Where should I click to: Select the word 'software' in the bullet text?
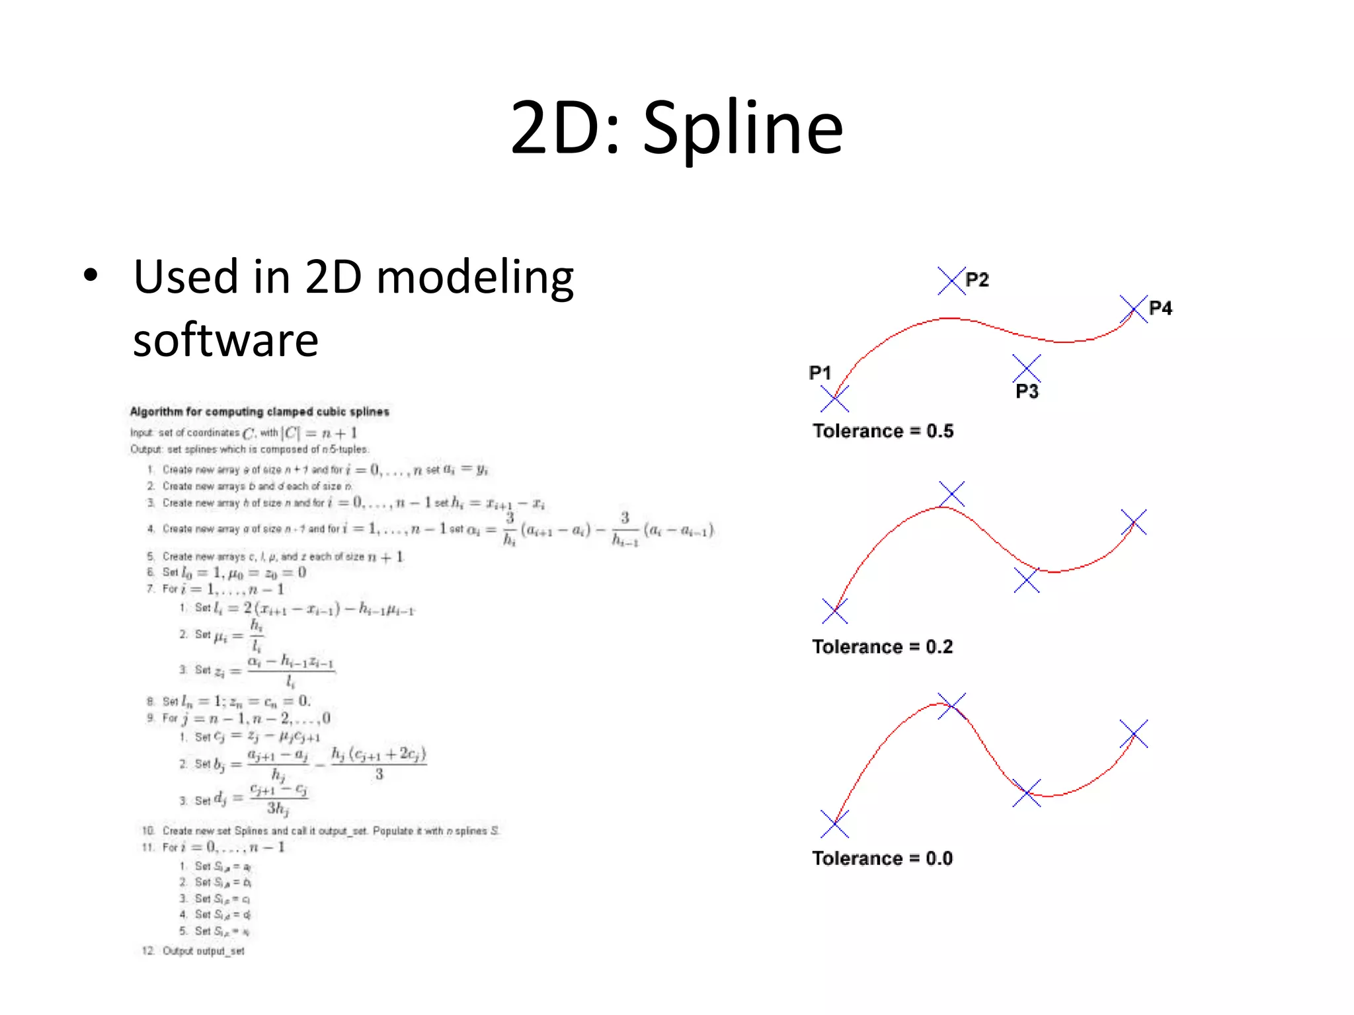coord(225,340)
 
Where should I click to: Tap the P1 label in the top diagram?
coord(820,373)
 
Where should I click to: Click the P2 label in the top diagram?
coord(976,280)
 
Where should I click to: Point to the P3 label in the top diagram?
coord(1027,392)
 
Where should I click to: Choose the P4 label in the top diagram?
coord(1160,308)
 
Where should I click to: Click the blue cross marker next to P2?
coord(951,281)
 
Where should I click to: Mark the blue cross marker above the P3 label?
coord(1026,367)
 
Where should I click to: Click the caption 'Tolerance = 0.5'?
coord(883,431)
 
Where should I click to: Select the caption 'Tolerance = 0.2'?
coord(882,646)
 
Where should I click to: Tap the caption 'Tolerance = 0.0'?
coord(882,858)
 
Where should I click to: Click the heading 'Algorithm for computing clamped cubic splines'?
coord(259,412)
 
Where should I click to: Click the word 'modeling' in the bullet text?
coord(475,277)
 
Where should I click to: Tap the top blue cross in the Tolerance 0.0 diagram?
coord(951,706)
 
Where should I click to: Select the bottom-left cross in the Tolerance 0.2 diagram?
coord(835,611)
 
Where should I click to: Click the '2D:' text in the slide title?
coord(565,129)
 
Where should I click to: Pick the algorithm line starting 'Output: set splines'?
coord(249,449)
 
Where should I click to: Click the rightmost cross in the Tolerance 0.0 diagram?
coord(1134,733)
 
